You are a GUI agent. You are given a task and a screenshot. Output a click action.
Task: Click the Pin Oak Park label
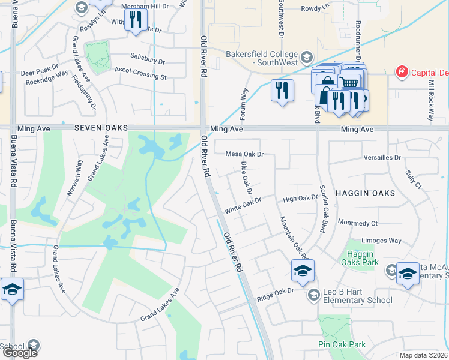click(342, 345)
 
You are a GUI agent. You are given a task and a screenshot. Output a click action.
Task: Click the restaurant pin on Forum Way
click(282, 91)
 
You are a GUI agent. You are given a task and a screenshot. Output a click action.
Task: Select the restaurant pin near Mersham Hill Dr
click(136, 21)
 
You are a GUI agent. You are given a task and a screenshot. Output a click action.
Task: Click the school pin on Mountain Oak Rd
click(303, 271)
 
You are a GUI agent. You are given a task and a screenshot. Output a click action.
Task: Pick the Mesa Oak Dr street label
click(245, 154)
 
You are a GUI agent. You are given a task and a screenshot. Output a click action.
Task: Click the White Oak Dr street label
click(243, 206)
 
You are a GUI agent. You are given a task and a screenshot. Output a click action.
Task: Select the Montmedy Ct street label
click(358, 223)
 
